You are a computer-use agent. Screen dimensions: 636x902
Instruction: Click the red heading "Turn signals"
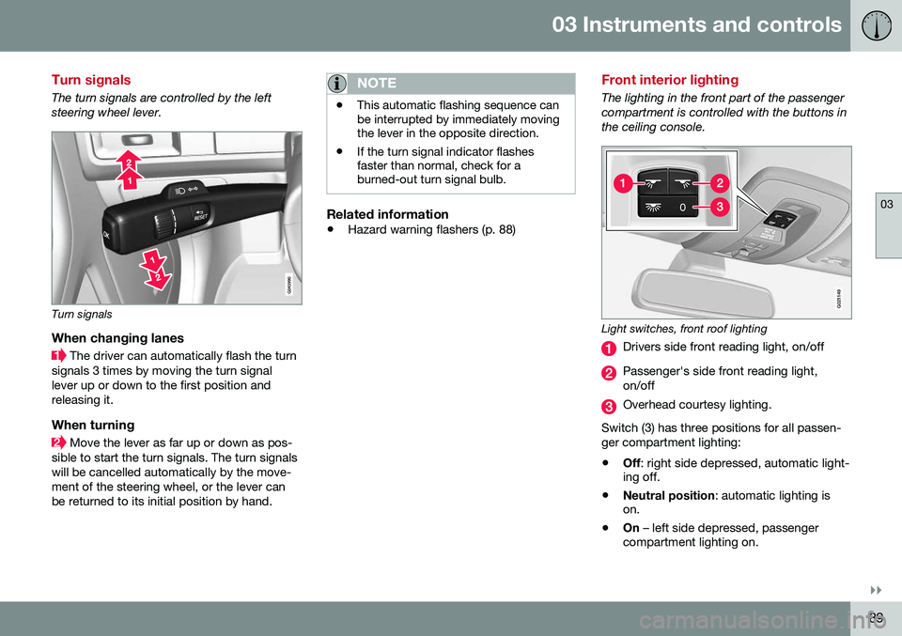tap(91, 80)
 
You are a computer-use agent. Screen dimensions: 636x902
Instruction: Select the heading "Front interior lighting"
tap(670, 80)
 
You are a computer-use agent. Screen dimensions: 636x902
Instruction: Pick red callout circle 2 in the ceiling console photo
tap(719, 182)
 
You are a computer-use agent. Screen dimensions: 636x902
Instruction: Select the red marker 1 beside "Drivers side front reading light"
tap(609, 348)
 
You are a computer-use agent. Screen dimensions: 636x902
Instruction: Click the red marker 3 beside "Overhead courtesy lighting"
tap(609, 406)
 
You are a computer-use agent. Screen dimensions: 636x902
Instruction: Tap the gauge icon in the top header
tap(875, 25)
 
